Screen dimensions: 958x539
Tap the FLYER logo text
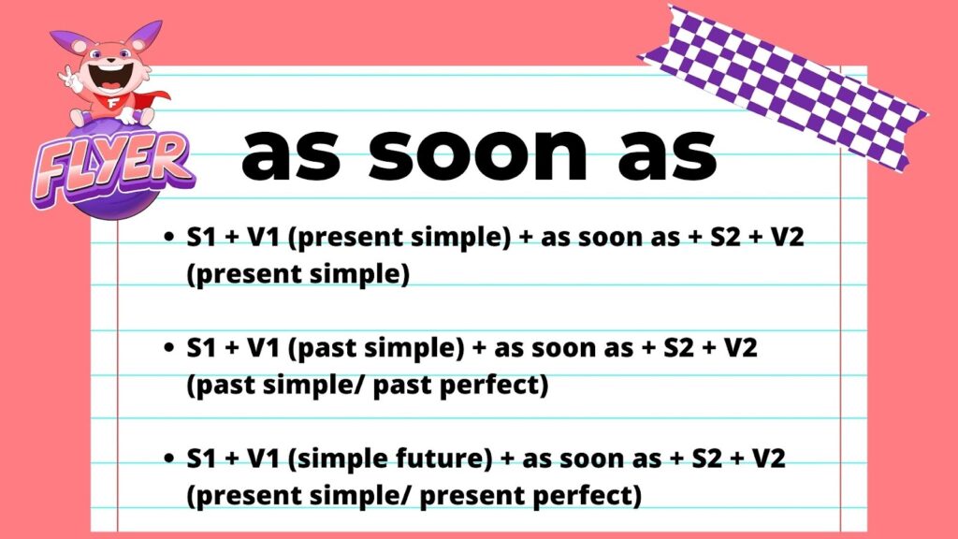click(113, 167)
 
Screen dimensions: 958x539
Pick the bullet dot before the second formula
click(169, 348)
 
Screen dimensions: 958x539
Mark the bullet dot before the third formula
click(169, 459)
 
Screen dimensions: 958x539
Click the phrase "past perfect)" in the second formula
click(460, 385)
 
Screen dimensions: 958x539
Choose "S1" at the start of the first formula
click(202, 237)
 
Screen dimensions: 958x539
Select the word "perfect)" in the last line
click(588, 496)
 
